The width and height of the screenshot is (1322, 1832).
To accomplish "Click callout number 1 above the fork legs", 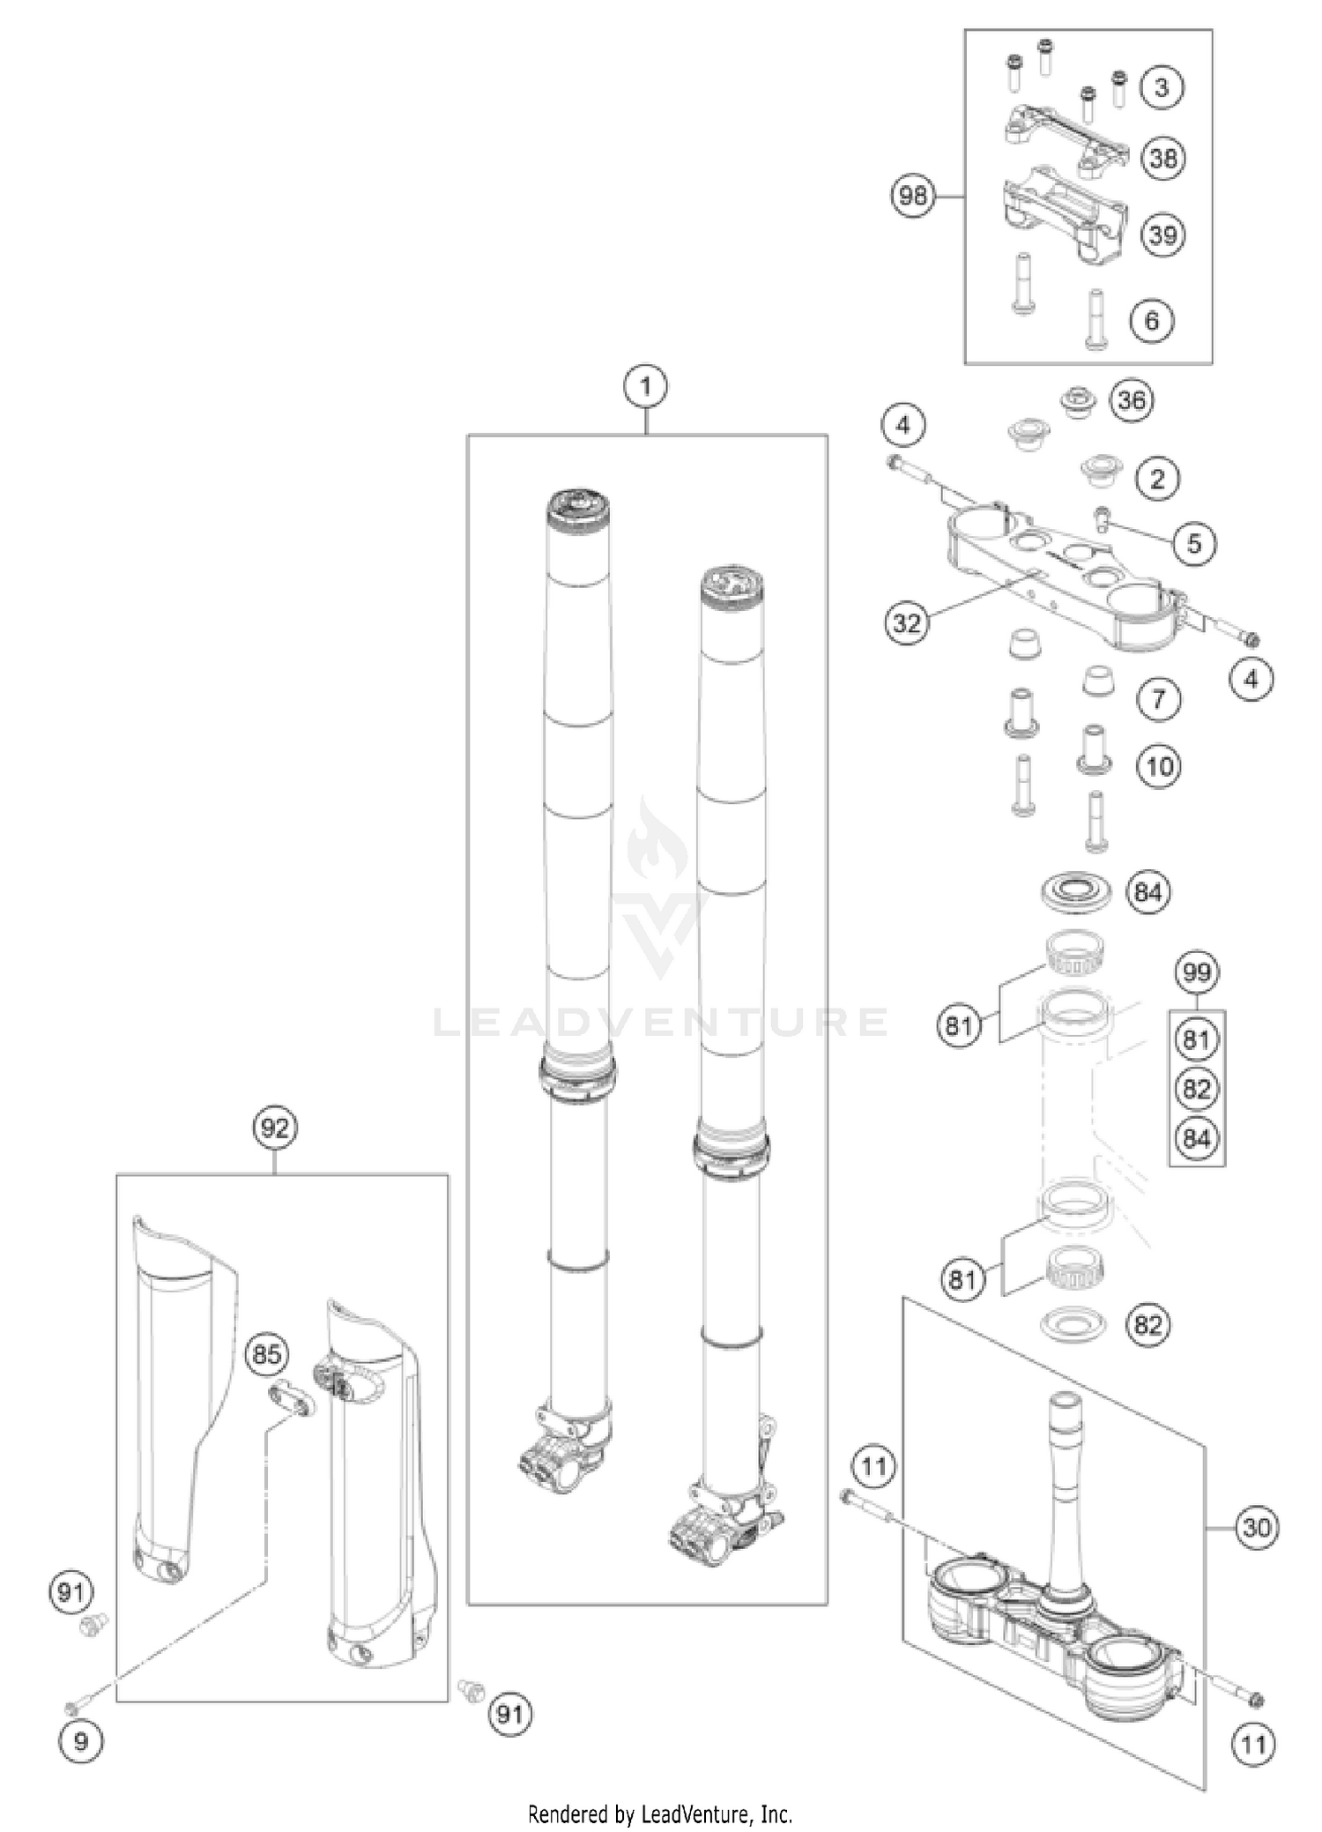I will pos(646,386).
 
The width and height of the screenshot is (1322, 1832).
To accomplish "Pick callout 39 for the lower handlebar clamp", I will pos(1162,235).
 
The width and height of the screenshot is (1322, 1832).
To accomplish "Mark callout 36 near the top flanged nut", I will pos(1132,400).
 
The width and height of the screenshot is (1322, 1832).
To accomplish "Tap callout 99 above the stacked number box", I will pos(1196,972).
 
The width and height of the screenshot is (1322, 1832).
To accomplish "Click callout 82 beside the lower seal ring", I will pos(1148,1325).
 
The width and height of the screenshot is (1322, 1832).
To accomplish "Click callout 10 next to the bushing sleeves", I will pos(1160,765).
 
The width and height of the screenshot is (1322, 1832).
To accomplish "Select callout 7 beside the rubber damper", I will pos(1158,700).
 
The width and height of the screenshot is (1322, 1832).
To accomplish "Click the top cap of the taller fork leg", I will pos(578,508).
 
